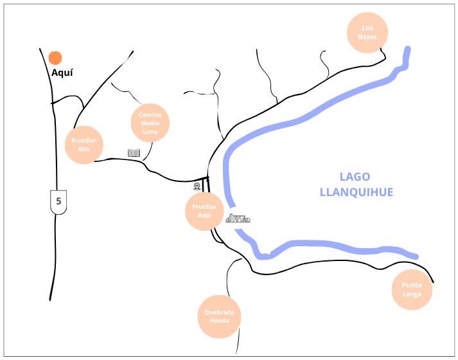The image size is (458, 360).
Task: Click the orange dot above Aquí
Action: coord(55,58)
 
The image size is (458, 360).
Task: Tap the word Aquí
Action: coord(62,73)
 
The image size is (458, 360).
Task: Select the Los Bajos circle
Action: coord(367,32)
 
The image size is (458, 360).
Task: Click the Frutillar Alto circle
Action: coord(84,144)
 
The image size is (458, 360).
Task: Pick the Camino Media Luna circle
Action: coord(150,123)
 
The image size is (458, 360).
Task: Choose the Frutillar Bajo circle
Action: coord(205,212)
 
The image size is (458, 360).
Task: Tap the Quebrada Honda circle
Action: coord(219,316)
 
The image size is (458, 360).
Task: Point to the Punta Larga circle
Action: coord(412,290)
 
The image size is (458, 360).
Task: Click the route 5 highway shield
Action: coord(58,201)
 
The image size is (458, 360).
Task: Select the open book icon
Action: coord(134,153)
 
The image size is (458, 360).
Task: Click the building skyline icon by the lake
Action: coord(238,219)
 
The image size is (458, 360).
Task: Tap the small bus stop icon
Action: coord(197,186)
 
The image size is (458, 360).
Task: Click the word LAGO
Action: coord(355,177)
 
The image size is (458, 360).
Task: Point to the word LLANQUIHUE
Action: coord(356,192)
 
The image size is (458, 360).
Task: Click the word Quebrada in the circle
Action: coord(219,312)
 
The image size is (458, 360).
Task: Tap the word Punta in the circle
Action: coord(412,285)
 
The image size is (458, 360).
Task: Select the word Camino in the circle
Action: coord(150,114)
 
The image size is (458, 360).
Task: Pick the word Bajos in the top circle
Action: coord(367,37)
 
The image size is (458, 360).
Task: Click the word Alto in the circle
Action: coord(84,148)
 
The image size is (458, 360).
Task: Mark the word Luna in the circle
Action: coord(150,131)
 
